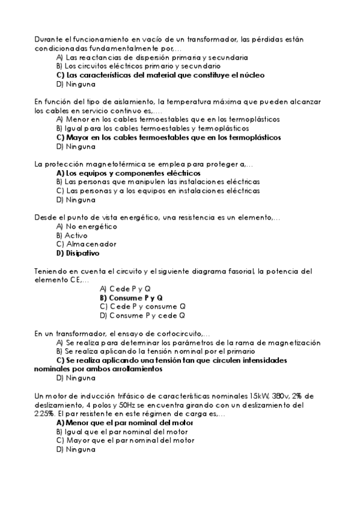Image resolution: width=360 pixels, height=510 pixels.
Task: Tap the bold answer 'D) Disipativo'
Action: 78,253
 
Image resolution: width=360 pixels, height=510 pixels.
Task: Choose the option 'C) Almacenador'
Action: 78,244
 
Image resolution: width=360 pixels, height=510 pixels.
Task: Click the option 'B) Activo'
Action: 72,235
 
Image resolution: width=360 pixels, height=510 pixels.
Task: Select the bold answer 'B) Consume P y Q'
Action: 131,297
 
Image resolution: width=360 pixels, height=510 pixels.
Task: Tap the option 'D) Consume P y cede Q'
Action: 142,315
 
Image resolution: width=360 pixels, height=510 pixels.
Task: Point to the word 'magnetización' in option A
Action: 294,342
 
